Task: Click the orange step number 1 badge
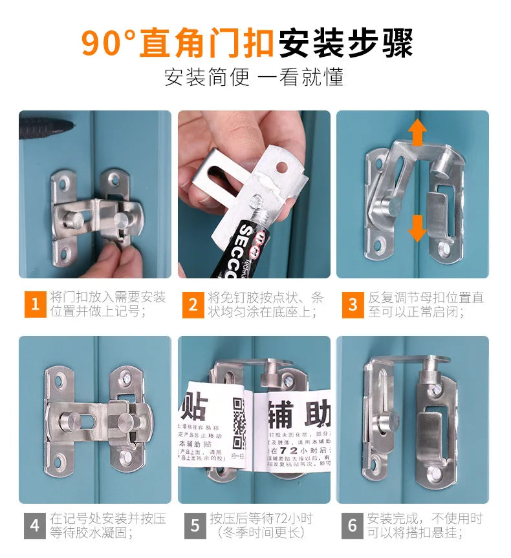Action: [35, 304]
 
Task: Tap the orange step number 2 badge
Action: [193, 304]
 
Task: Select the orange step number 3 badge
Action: [353, 304]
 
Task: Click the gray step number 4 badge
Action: [35, 525]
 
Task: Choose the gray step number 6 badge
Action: [353, 525]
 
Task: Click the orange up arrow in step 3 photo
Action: [417, 132]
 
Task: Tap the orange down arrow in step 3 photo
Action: [417, 227]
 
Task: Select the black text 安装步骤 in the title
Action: [345, 43]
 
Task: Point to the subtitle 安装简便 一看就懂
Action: [254, 77]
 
